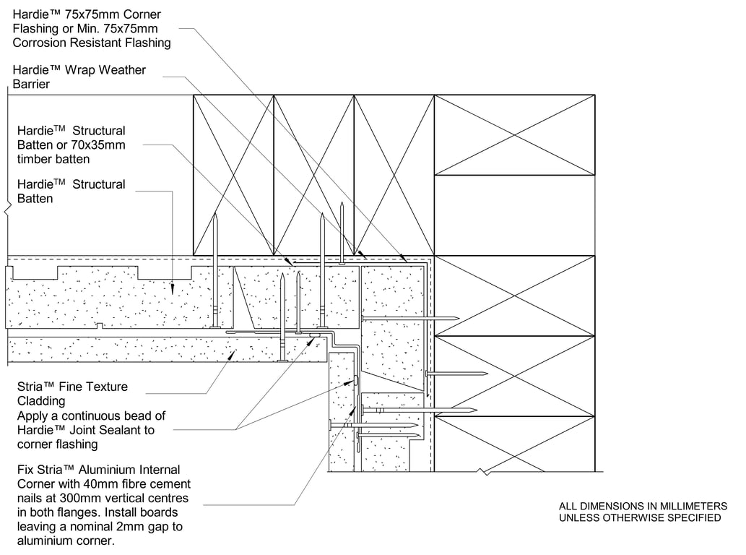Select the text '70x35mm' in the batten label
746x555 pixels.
click(102, 145)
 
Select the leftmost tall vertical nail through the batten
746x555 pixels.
click(215, 271)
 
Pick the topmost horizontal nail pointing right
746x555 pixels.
click(409, 318)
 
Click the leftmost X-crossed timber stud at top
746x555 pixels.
click(233, 174)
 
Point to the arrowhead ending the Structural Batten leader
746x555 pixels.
click(173, 288)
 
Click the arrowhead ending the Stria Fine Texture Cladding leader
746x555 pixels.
click(230, 354)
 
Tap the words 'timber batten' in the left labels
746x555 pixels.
click(53, 159)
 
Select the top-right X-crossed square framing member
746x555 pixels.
click(514, 134)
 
